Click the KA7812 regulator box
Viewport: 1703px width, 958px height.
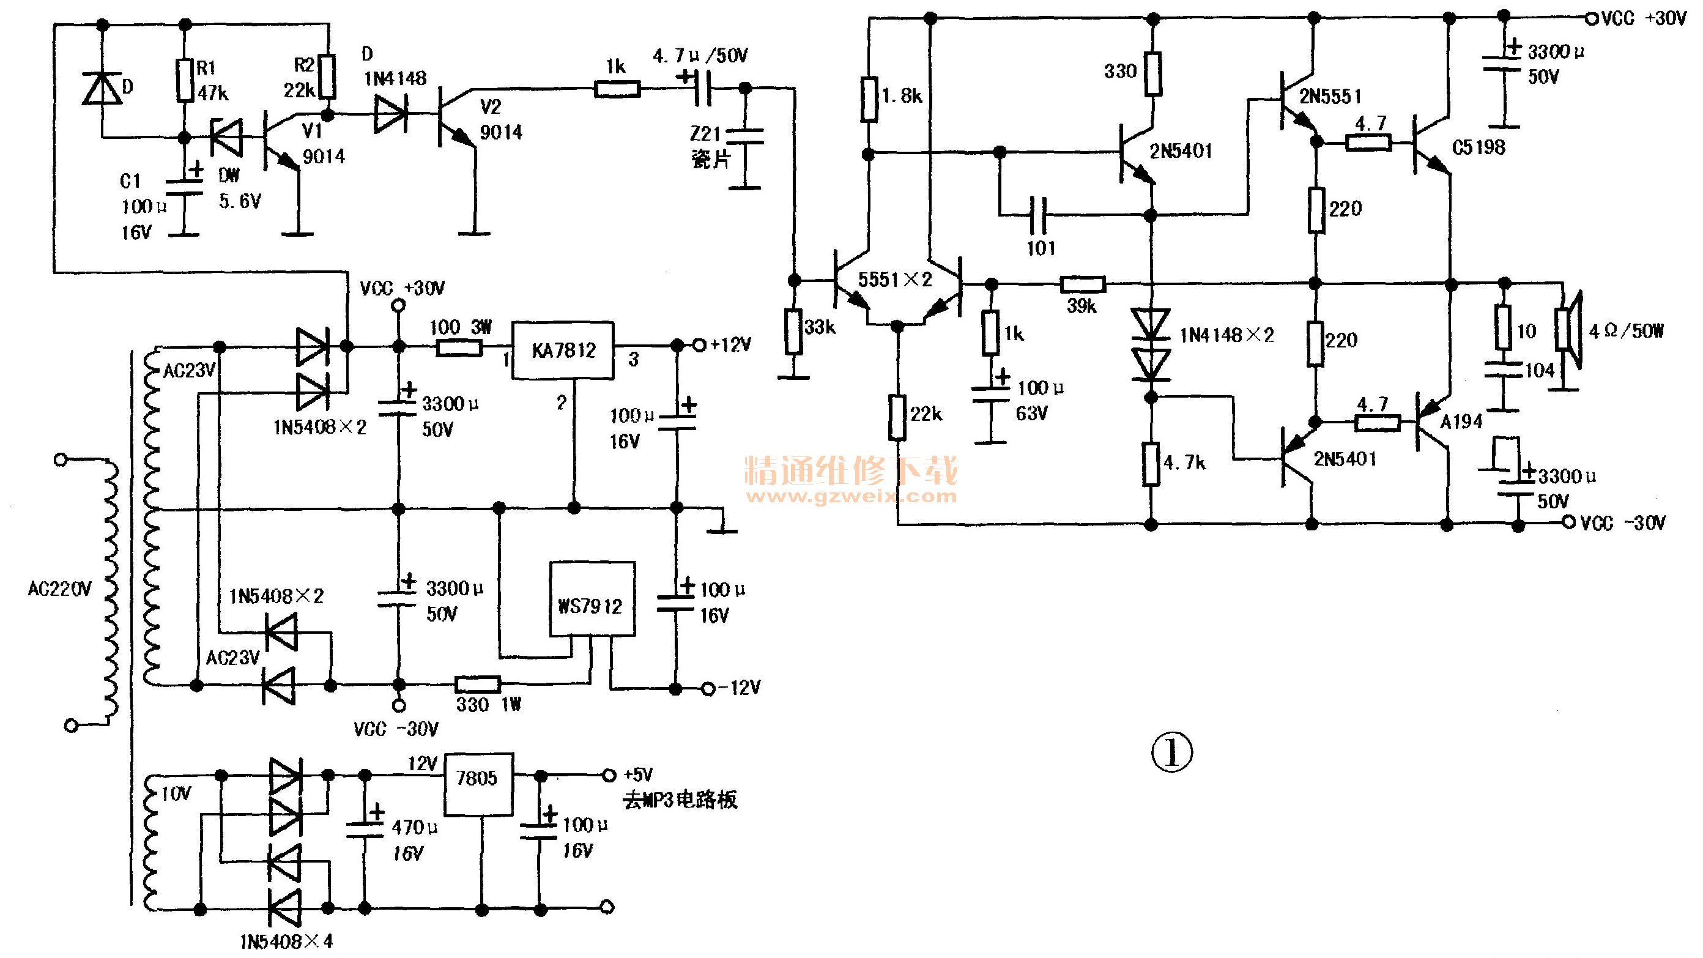[x=563, y=351]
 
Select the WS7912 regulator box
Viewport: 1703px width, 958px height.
[x=593, y=599]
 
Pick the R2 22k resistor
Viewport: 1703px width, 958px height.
[x=327, y=76]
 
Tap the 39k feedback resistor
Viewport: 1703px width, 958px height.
[x=1083, y=284]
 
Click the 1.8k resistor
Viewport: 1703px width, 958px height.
[x=869, y=99]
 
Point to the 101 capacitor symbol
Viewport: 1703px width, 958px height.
[x=1039, y=215]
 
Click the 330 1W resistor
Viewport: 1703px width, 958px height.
[x=478, y=685]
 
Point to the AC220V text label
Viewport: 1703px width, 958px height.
[x=59, y=589]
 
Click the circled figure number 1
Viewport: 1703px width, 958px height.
[x=1172, y=752]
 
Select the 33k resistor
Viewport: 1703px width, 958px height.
[x=794, y=331]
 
